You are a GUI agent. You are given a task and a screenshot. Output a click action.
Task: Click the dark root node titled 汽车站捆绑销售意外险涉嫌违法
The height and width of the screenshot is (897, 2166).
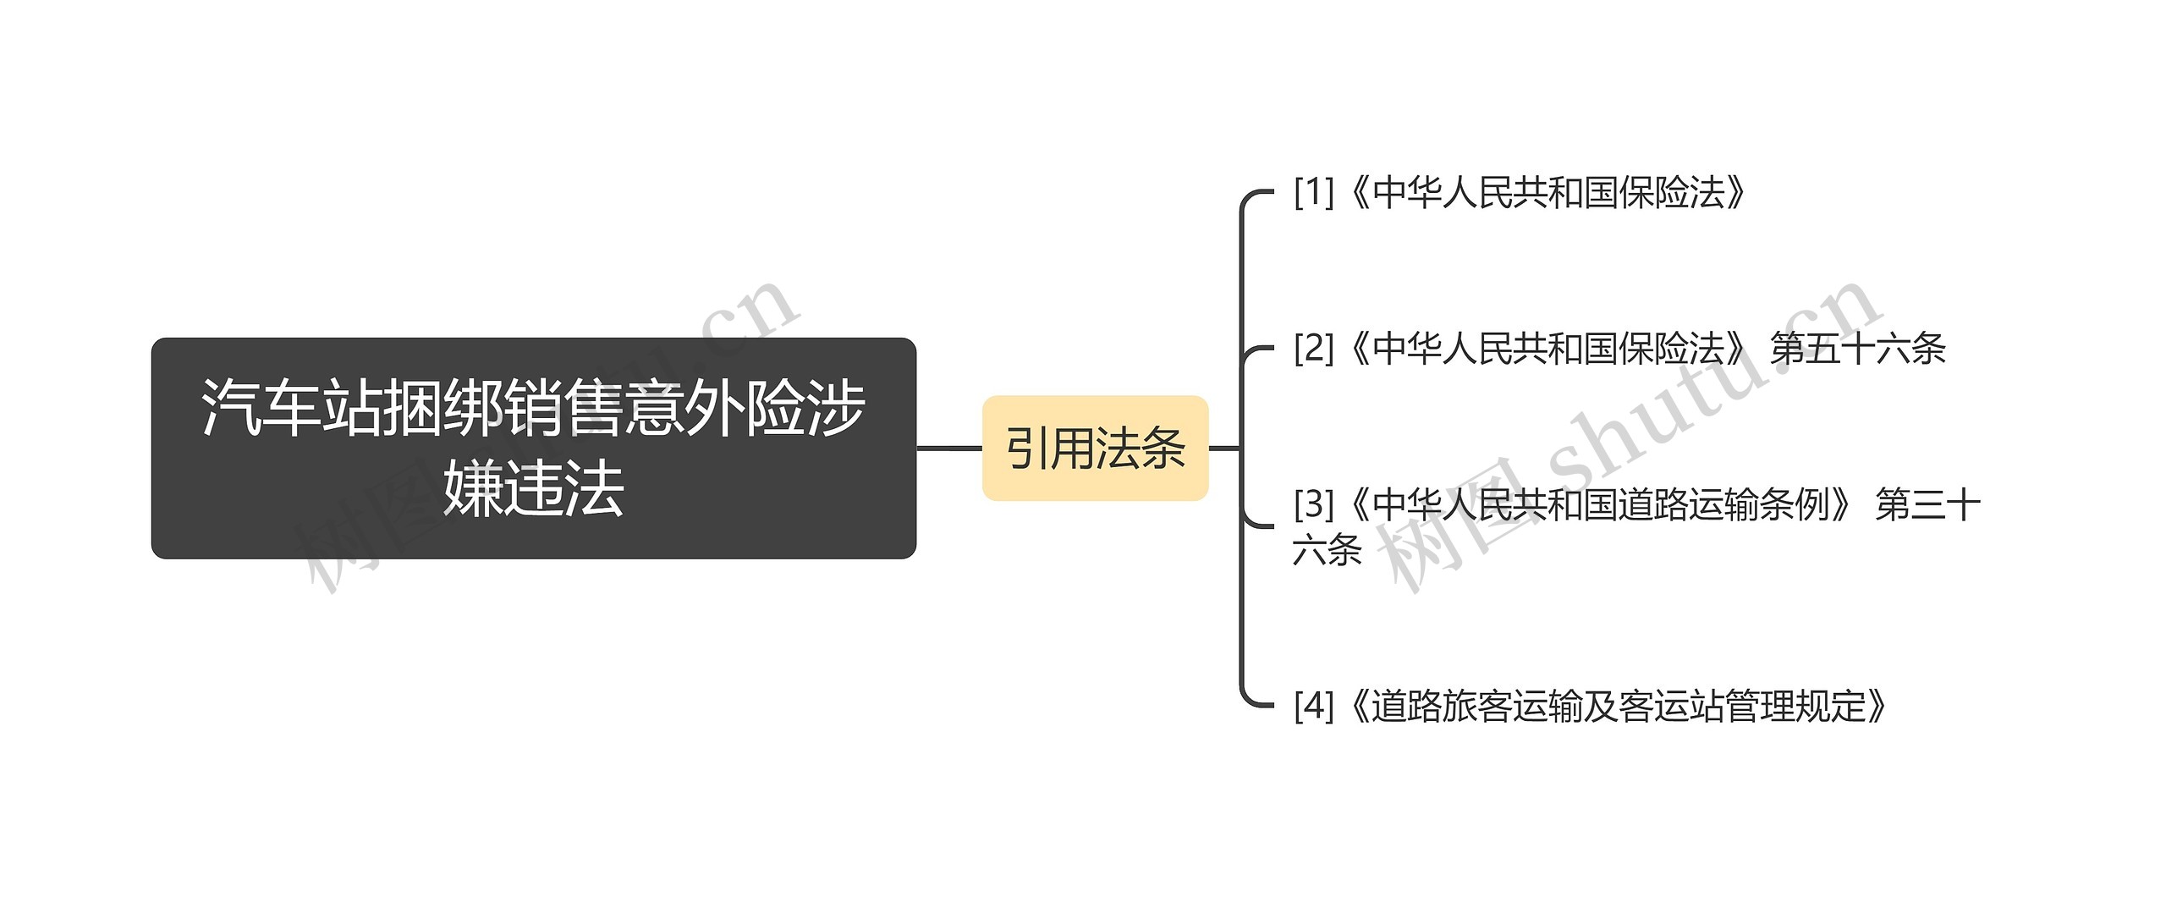[x=533, y=448]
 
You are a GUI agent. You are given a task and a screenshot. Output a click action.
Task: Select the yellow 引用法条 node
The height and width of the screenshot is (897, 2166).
[x=1095, y=448]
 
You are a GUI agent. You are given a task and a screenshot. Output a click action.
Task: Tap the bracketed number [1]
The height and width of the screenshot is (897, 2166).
[x=1313, y=193]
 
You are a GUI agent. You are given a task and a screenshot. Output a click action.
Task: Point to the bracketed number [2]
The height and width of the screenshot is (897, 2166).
[x=1313, y=349]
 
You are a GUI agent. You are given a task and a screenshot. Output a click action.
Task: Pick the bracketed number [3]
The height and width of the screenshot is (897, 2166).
[x=1313, y=505]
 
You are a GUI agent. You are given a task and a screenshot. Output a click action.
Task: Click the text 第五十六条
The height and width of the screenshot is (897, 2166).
[x=1858, y=349]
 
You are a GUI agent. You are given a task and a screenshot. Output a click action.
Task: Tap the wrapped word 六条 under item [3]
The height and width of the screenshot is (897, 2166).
[x=1327, y=551]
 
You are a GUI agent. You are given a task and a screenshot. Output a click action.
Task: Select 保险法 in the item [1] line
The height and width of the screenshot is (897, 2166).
[x=1672, y=193]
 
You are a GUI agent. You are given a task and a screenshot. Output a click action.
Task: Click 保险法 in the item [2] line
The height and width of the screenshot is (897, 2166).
[x=1672, y=349]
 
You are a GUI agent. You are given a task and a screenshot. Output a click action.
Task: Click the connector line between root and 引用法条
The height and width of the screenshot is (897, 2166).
[x=949, y=448]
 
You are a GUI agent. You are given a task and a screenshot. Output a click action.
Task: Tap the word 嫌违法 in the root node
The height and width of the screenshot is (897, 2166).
[x=533, y=489]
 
